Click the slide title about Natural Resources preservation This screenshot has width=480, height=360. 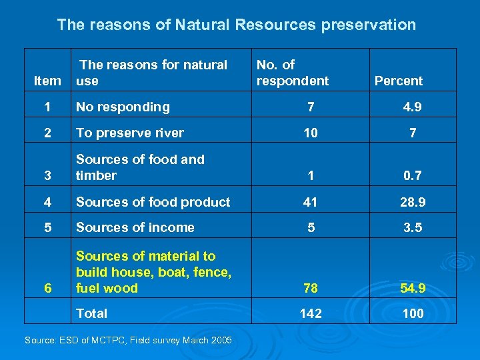pyautogui.click(x=236, y=25)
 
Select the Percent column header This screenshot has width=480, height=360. pyautogui.click(x=398, y=81)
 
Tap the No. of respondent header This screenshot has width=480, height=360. pyautogui.click(x=292, y=73)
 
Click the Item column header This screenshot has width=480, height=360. pyautogui.click(x=47, y=81)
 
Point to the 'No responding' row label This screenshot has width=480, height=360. pyautogui.click(x=123, y=107)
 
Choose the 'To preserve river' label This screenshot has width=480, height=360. pyautogui.click(x=129, y=133)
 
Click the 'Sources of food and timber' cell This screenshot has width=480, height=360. pyautogui.click(x=140, y=167)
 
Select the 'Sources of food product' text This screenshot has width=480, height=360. pyautogui.click(x=153, y=202)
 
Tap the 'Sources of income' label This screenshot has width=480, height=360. pyautogui.click(x=135, y=227)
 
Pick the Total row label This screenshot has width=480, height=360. pyautogui.click(x=91, y=313)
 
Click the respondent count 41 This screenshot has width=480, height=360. pyautogui.click(x=310, y=202)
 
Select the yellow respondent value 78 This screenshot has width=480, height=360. pyautogui.click(x=310, y=289)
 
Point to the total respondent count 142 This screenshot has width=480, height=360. pyautogui.click(x=310, y=313)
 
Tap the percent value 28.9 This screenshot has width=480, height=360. pyautogui.click(x=413, y=202)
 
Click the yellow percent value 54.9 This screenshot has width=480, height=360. pyautogui.click(x=413, y=289)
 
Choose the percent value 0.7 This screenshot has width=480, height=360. pyautogui.click(x=413, y=176)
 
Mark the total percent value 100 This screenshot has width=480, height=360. pyautogui.click(x=413, y=313)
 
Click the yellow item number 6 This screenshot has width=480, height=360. pyautogui.click(x=47, y=289)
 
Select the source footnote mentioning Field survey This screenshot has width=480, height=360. pyautogui.click(x=128, y=341)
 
